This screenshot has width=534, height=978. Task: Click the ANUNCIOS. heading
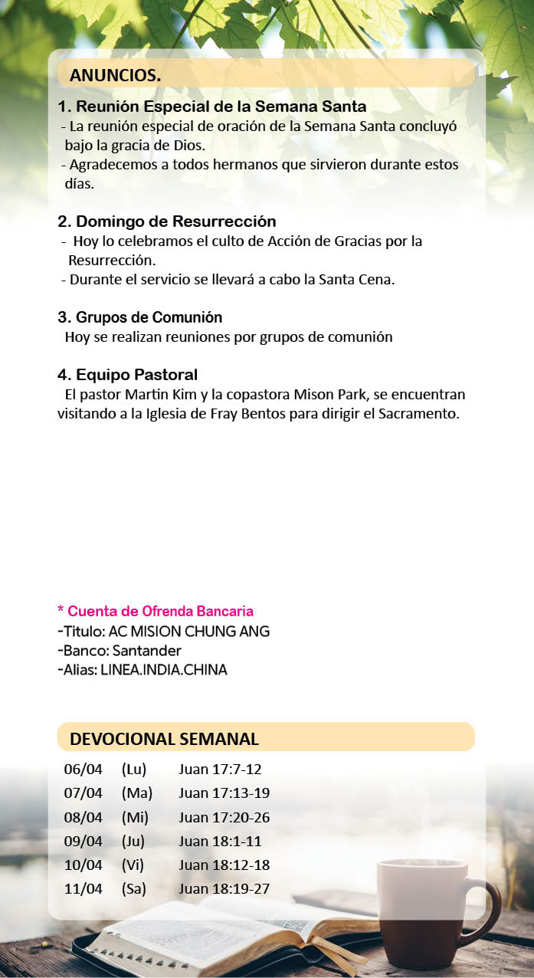(115, 75)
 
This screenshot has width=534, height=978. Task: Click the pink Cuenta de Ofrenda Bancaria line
(156, 611)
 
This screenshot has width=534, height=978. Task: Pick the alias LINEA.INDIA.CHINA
(163, 670)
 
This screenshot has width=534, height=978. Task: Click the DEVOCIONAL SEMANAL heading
(164, 739)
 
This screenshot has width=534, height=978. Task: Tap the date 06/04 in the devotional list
(83, 770)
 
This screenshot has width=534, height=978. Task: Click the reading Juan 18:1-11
(220, 842)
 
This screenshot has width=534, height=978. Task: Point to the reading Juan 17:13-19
(224, 793)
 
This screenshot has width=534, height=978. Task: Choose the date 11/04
(83, 889)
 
